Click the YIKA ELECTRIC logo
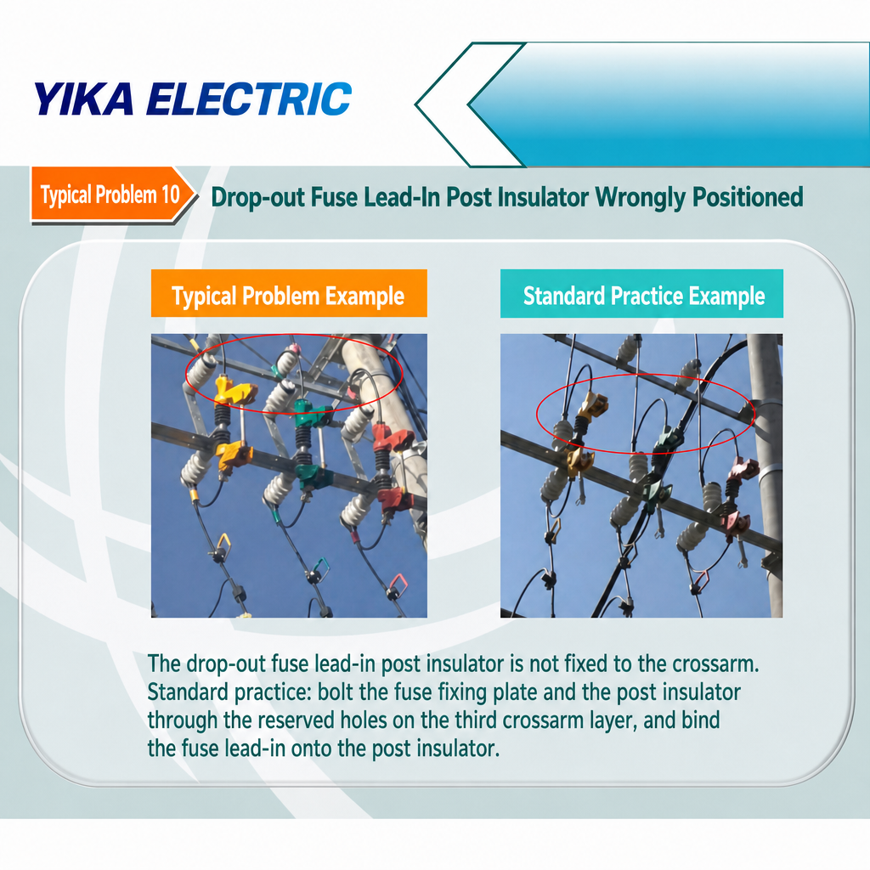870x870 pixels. pyautogui.click(x=193, y=99)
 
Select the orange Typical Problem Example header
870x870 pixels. pyautogui.click(x=289, y=293)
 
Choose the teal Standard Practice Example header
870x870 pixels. pyautogui.click(x=642, y=294)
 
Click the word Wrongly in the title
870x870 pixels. pyautogui.click(x=641, y=197)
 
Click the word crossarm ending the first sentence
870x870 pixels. pyautogui.click(x=715, y=664)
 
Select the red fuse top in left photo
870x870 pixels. pyautogui.click(x=393, y=437)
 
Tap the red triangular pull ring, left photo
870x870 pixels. pyautogui.click(x=398, y=584)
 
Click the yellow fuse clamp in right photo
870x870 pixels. pyautogui.click(x=592, y=404)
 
